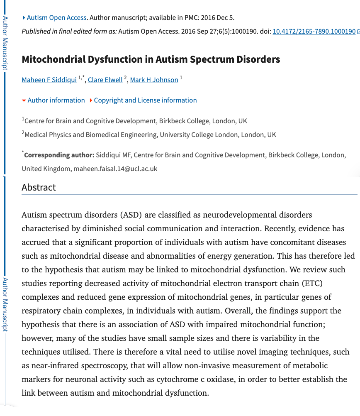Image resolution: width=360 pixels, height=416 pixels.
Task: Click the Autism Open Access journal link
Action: click(x=56, y=17)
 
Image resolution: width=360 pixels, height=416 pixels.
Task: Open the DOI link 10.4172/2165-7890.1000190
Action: click(x=314, y=31)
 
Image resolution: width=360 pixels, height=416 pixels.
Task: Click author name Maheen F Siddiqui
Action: click(x=49, y=80)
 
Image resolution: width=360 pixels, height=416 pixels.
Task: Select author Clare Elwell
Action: click(x=105, y=80)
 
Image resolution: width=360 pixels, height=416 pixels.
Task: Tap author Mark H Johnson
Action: click(x=154, y=80)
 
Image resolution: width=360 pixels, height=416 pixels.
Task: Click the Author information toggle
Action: click(x=56, y=100)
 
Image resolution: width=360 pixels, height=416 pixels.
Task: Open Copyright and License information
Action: click(x=145, y=100)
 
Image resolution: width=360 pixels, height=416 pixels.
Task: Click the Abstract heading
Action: click(x=39, y=187)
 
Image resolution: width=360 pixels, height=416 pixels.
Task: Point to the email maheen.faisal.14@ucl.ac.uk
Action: click(x=115, y=169)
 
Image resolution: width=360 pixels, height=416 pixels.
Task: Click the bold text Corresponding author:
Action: click(x=59, y=155)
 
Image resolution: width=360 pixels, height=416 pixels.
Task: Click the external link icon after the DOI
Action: click(x=358, y=32)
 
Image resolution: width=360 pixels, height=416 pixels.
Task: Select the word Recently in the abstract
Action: click(x=281, y=228)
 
